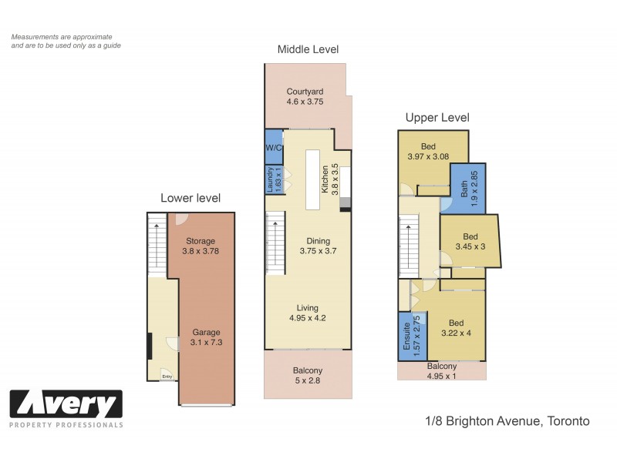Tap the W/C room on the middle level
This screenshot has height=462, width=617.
273,147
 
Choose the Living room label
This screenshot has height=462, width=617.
307,308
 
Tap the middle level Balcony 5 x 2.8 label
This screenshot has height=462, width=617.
307,370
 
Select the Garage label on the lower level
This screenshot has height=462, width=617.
206,333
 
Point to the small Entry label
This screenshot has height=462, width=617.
167,376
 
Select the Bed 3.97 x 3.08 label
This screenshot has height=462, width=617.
428,147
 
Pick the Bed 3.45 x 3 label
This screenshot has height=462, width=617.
470,236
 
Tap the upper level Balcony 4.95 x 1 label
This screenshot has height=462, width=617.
441,367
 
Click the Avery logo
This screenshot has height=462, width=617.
66,404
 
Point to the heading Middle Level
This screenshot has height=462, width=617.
308,49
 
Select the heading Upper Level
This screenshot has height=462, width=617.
437,118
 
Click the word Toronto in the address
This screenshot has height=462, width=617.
568,421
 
